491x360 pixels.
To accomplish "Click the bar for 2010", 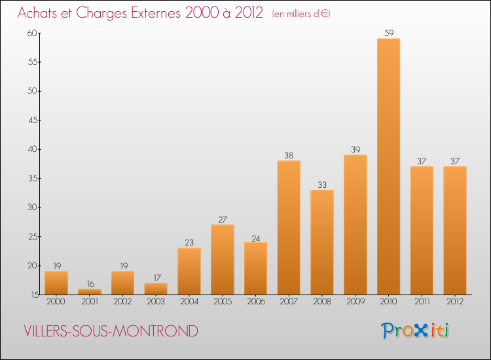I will coord(388,167).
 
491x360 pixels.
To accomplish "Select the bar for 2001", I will coord(90,292).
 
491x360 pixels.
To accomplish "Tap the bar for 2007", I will coord(289,228).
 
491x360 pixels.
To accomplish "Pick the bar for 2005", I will coord(223,260).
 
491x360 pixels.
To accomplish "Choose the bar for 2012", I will coord(455,230).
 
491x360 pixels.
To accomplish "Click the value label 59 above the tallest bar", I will coord(388,33).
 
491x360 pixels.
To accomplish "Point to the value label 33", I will coord(322,185).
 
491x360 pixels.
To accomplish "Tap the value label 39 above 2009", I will coord(355,150).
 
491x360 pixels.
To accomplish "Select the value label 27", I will coord(223,219).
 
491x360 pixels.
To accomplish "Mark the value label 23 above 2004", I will coord(189,243).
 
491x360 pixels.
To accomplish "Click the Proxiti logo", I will coord(416,331).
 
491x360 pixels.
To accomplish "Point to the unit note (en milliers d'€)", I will coord(301,14).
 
